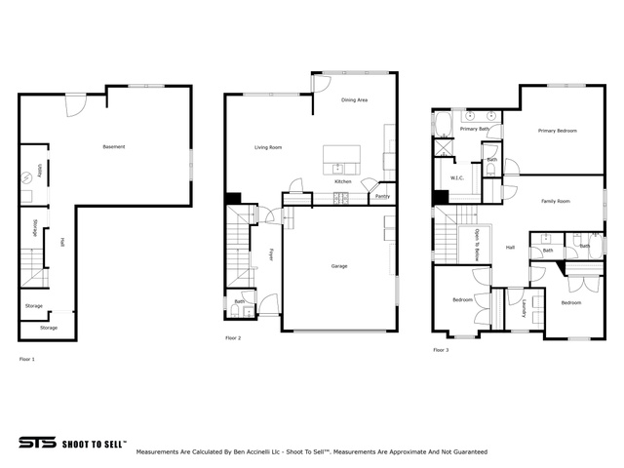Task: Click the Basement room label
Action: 114,147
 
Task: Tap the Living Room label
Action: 268,147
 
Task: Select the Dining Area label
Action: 354,100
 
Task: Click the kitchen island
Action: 342,154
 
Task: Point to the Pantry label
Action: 384,196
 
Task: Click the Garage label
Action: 338,265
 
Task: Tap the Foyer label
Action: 270,254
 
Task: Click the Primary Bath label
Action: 475,129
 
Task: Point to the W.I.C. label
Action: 456,177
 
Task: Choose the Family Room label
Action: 556,201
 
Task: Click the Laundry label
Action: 524,309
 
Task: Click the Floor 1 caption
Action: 26,360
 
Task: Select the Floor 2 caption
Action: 232,337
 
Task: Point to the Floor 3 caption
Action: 441,349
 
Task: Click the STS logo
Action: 36,442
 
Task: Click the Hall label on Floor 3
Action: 510,248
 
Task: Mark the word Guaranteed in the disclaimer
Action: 466,452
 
